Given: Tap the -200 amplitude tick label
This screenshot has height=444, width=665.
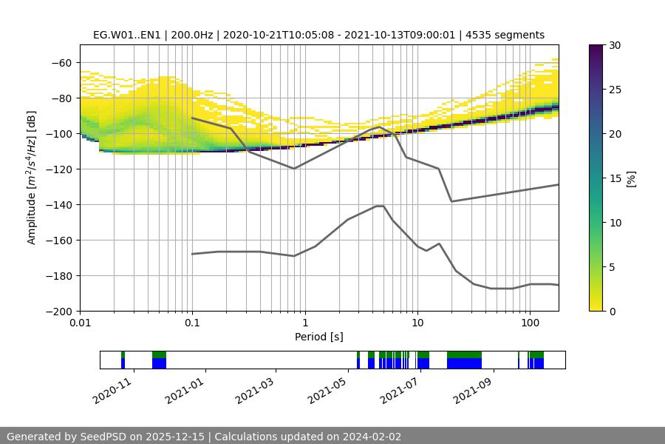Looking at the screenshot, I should [61, 312].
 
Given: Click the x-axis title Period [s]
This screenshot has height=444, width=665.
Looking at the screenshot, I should [319, 337].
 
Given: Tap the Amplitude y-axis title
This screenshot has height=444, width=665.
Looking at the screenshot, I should [32, 178].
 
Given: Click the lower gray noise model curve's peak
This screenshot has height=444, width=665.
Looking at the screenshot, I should [380, 206].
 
